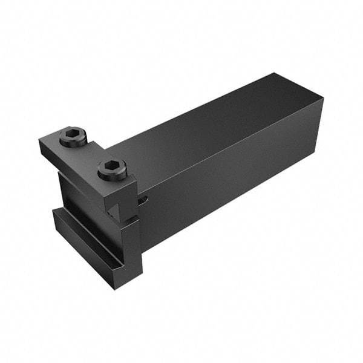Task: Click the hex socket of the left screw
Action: pyautogui.click(x=73, y=135)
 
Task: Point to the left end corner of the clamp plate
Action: pyautogui.click(x=41, y=145)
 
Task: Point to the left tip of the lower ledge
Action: pyautogui.click(x=53, y=212)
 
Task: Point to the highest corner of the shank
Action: pyautogui.click(x=275, y=74)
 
